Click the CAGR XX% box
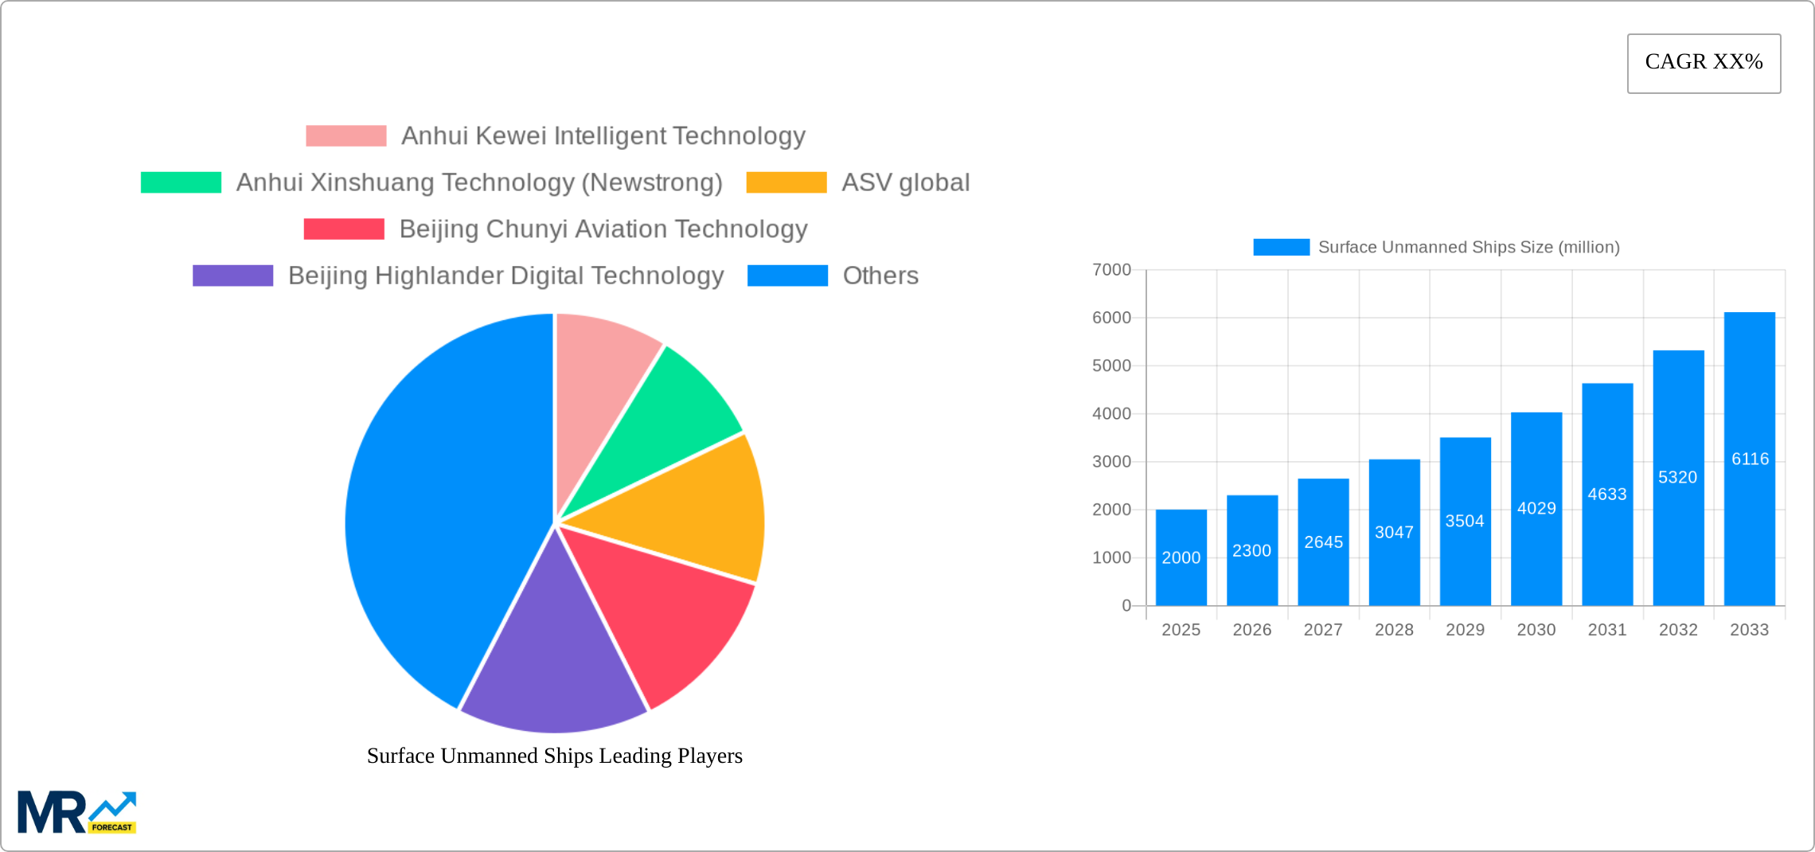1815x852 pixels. click(x=1704, y=63)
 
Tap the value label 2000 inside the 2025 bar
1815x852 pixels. click(x=1181, y=557)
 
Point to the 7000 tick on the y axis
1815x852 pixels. click(x=1111, y=270)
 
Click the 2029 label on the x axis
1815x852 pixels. click(x=1465, y=630)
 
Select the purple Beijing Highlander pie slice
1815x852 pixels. click(x=553, y=661)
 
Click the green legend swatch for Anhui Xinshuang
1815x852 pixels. click(x=181, y=182)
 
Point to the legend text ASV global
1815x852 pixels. click(x=905, y=182)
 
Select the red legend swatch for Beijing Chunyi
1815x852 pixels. click(x=344, y=229)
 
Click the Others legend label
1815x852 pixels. click(x=880, y=276)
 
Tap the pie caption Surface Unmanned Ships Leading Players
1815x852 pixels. click(x=554, y=756)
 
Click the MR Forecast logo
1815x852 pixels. click(x=76, y=812)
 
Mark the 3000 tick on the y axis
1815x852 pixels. click(x=1111, y=462)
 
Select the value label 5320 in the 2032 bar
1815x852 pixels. click(x=1677, y=477)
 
